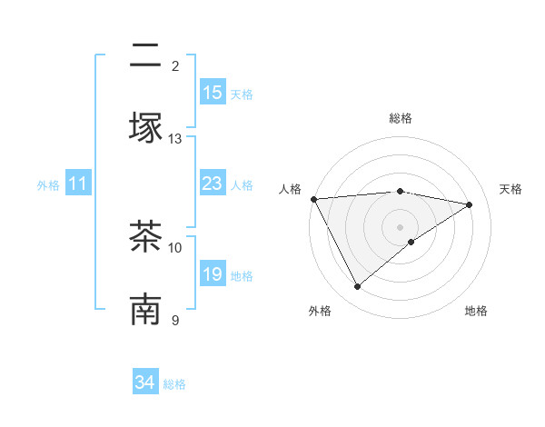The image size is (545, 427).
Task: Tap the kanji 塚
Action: (x=145, y=127)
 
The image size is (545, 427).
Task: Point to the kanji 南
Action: (x=145, y=309)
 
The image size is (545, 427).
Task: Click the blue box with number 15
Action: (x=213, y=93)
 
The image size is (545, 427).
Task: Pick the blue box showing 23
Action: (x=213, y=184)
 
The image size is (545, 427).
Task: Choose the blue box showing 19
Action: (x=213, y=274)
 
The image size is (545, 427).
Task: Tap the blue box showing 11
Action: (x=78, y=184)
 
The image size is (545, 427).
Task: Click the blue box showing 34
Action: (x=145, y=382)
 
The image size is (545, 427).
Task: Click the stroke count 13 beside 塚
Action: (x=175, y=139)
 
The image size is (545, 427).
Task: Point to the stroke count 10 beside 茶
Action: (x=175, y=247)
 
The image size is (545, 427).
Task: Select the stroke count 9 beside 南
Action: (x=175, y=320)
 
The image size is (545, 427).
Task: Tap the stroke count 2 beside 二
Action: (x=175, y=65)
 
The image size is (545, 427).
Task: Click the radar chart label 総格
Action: (x=401, y=118)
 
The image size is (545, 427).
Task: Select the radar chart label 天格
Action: (x=510, y=189)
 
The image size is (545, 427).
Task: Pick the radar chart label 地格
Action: (x=476, y=311)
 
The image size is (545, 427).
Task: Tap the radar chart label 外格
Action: (x=320, y=311)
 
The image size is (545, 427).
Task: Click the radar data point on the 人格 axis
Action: (x=313, y=199)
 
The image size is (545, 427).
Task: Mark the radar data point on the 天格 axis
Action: (x=470, y=204)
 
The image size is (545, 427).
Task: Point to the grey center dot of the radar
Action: (x=401, y=226)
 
